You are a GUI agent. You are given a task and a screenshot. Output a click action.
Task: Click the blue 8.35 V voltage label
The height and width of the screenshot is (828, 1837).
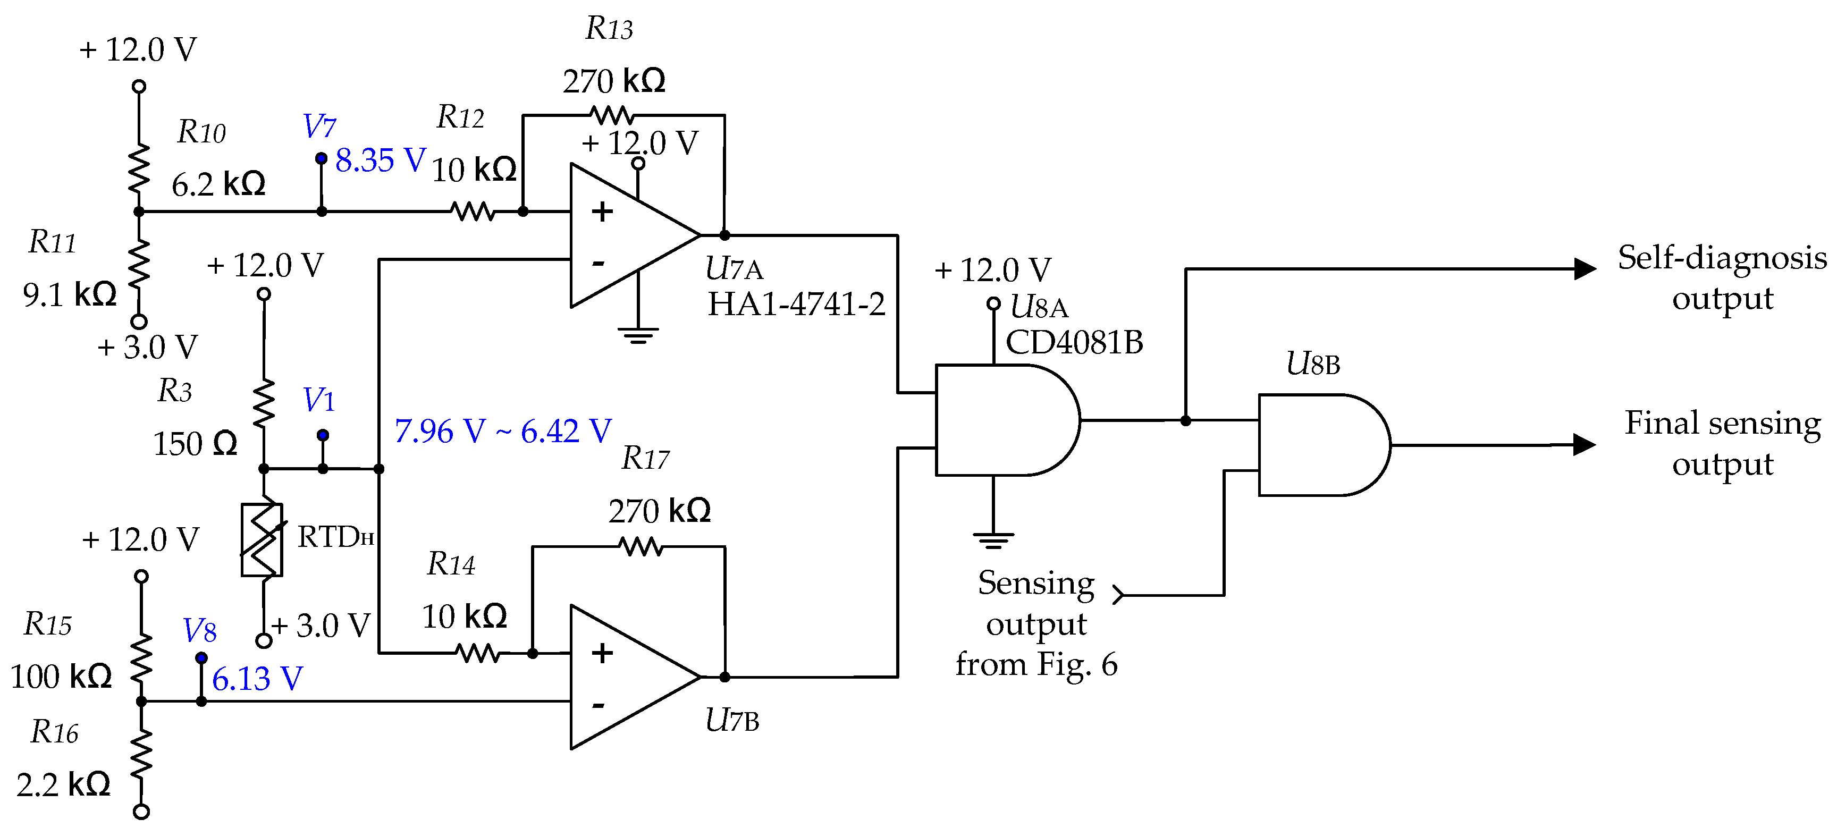[380, 160]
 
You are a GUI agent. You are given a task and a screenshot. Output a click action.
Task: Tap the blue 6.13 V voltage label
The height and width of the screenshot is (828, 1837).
[257, 678]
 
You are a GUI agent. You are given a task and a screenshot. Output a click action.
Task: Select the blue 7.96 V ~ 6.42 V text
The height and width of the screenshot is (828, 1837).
[503, 431]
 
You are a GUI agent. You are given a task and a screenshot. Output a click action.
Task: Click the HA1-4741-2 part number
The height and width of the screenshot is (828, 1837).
[796, 305]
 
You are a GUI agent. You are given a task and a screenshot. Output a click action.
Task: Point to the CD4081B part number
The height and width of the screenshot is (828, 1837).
[1074, 342]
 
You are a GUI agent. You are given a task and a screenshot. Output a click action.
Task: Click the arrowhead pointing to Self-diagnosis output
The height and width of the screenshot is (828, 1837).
[1585, 269]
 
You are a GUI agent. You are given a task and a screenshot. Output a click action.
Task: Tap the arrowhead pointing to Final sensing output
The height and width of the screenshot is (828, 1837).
[1585, 444]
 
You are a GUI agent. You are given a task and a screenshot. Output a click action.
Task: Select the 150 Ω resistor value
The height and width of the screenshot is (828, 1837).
[195, 444]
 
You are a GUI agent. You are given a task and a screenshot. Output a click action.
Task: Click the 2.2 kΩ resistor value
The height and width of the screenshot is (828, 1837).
[63, 784]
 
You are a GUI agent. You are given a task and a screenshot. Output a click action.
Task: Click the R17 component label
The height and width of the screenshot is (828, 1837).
[645, 459]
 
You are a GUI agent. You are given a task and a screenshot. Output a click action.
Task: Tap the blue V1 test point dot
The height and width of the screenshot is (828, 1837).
[323, 434]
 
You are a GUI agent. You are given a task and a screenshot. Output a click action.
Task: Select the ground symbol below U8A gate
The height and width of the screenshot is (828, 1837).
[993, 540]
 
